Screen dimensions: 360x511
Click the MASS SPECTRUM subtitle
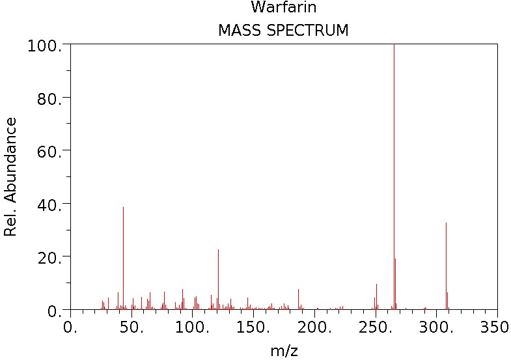point(283,30)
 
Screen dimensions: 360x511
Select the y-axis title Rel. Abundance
point(10,176)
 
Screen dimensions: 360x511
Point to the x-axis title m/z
point(284,351)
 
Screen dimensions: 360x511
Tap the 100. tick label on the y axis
point(44,46)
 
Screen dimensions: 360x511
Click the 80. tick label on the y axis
point(48,98)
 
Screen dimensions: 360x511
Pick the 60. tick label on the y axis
point(48,151)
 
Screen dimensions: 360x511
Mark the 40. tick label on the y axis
point(48,204)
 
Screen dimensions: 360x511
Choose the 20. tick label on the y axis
point(48,257)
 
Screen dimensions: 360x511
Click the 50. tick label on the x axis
point(132,325)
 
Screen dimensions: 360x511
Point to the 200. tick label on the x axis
point(315,325)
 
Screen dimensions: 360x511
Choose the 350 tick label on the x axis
point(496,325)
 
